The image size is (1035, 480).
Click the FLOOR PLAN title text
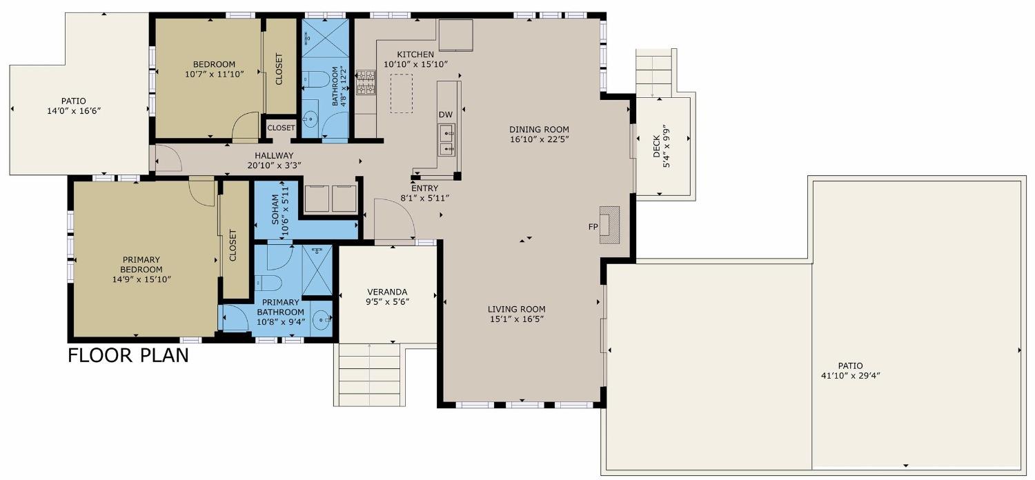pyautogui.click(x=128, y=356)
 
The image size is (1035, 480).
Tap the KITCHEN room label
pyautogui.click(x=415, y=54)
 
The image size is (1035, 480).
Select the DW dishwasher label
pyautogui.click(x=445, y=114)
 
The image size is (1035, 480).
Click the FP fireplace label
pyautogui.click(x=592, y=226)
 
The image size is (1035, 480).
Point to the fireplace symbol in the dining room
pyautogui.click(x=609, y=225)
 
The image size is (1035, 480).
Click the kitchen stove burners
pyautogui.click(x=366, y=82)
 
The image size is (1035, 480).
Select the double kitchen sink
pyautogui.click(x=448, y=141)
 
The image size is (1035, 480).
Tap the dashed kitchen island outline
pyautogui.click(x=401, y=94)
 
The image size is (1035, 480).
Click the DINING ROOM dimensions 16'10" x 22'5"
pyautogui.click(x=539, y=139)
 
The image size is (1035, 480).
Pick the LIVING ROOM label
pyautogui.click(x=516, y=309)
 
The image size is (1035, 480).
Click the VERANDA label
pyautogui.click(x=387, y=291)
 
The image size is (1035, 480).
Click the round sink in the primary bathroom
pyautogui.click(x=321, y=319)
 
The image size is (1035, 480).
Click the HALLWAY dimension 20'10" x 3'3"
pyautogui.click(x=274, y=165)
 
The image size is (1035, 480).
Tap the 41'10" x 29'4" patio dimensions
pyautogui.click(x=850, y=376)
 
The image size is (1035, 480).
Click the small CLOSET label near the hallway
pyautogui.click(x=281, y=128)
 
